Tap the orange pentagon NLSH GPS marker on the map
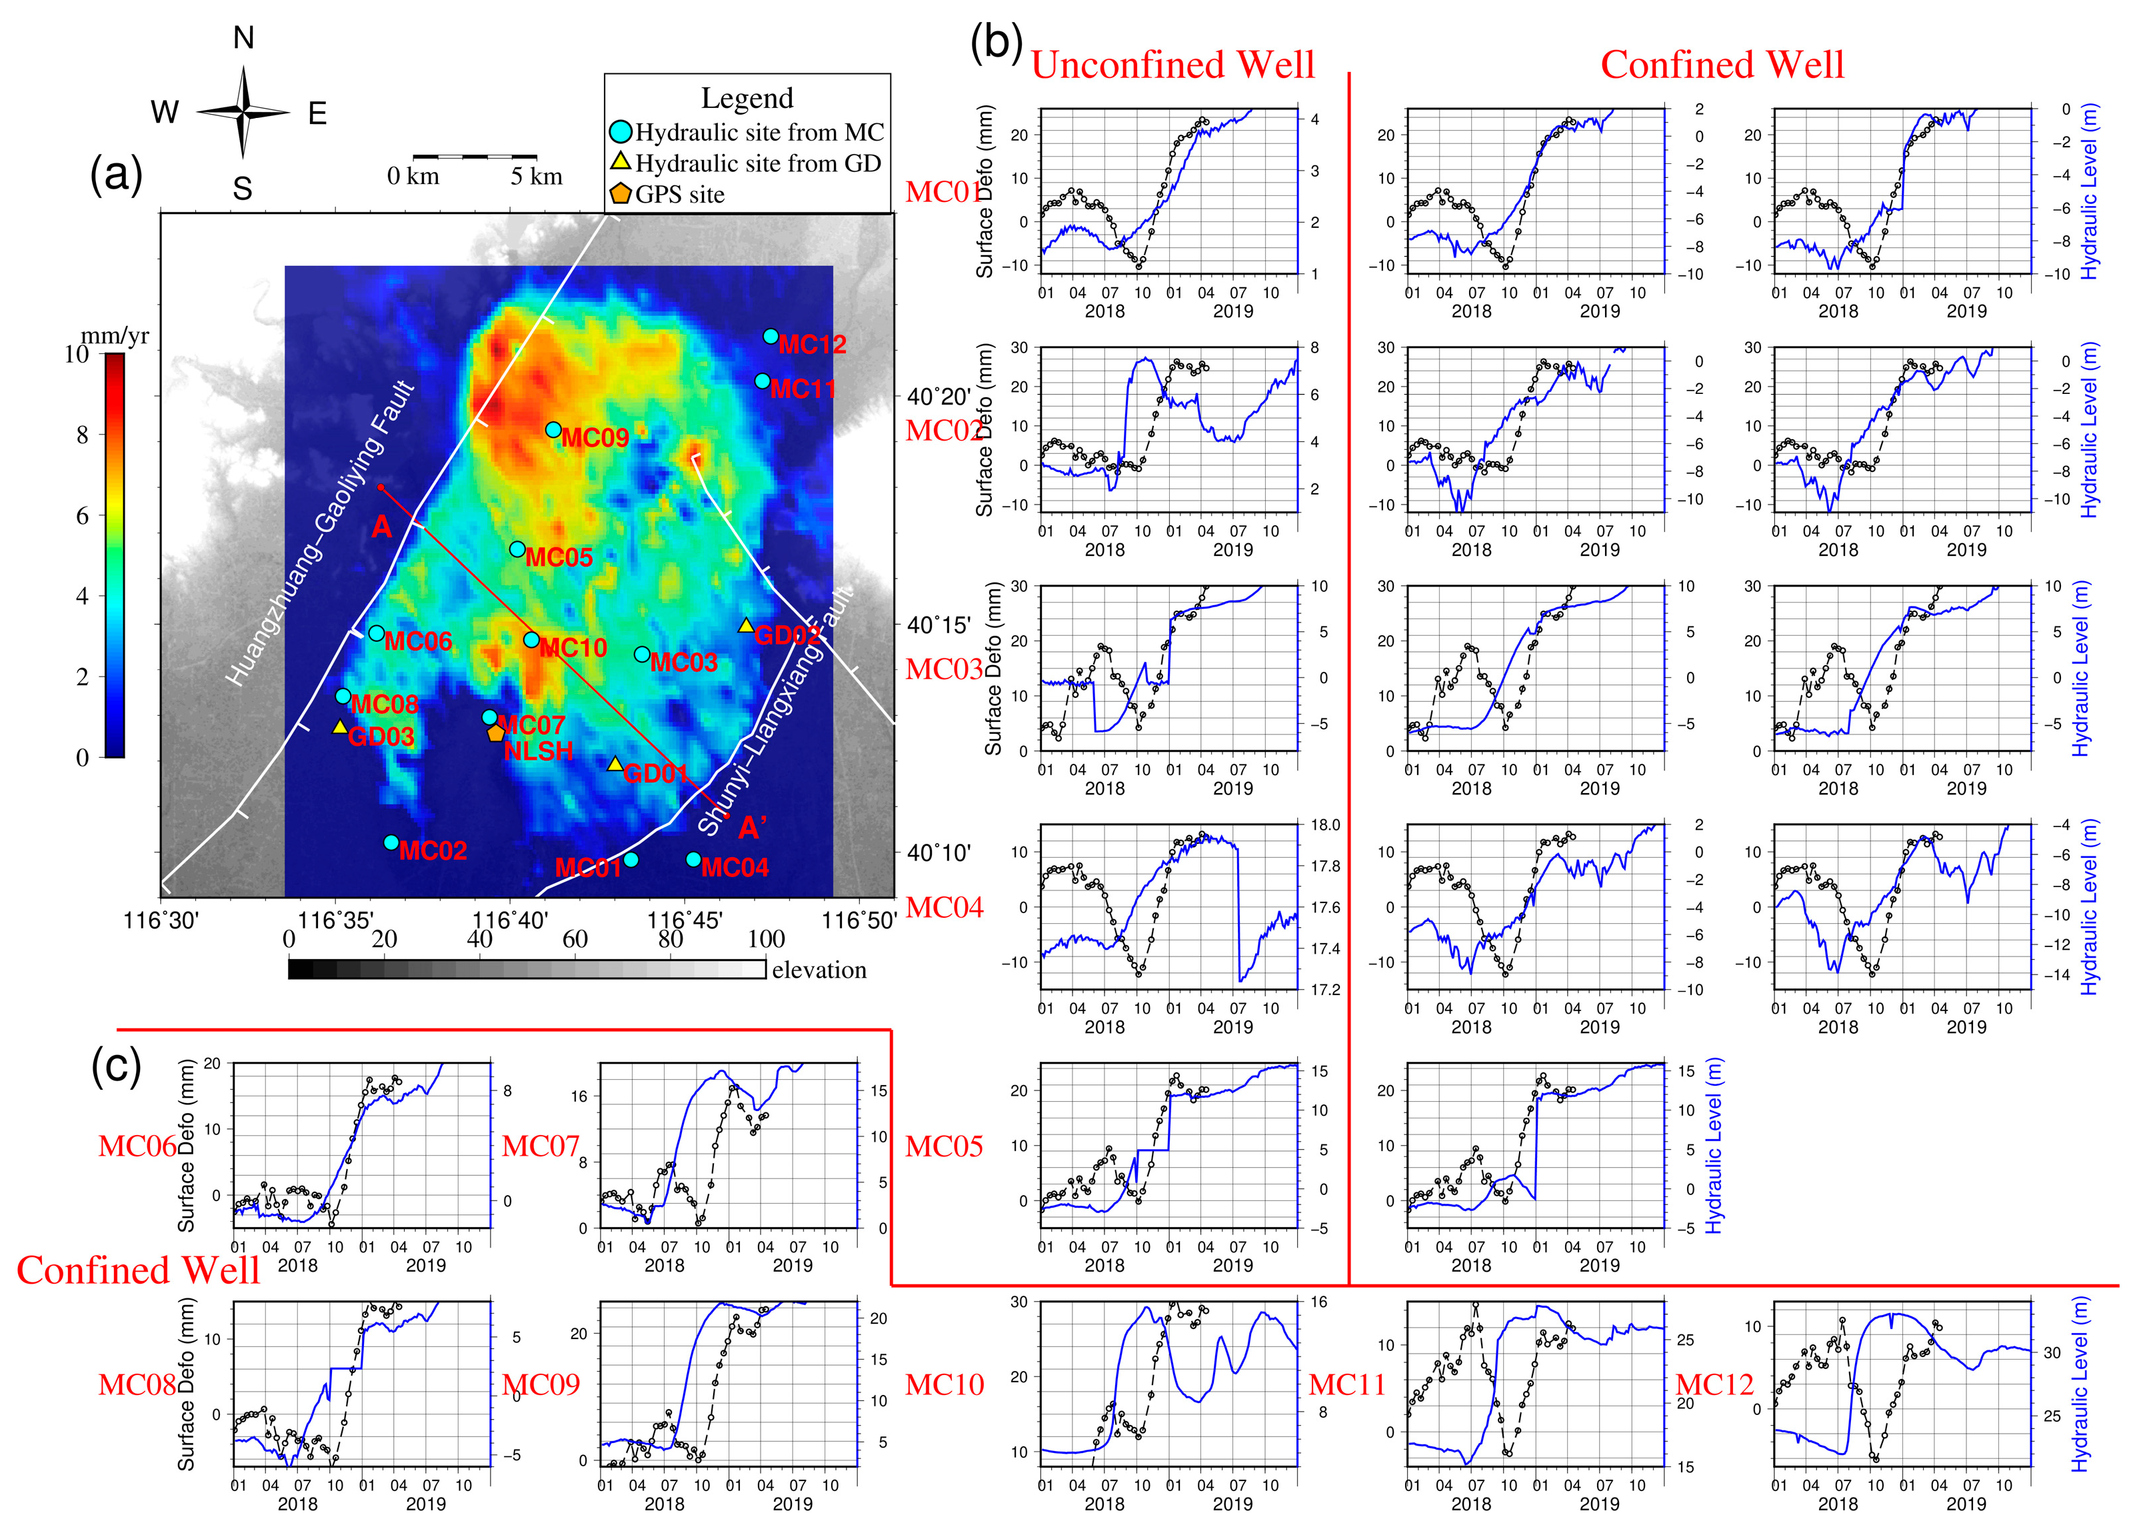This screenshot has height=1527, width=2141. [x=495, y=733]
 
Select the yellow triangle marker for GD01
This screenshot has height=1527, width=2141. [x=615, y=764]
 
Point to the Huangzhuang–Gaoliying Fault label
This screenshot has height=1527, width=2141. [x=320, y=534]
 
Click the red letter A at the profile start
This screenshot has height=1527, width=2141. [x=381, y=527]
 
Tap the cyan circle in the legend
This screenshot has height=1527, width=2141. [x=620, y=132]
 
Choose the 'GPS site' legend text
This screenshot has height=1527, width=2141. [x=680, y=195]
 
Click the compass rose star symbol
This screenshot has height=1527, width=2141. [x=243, y=113]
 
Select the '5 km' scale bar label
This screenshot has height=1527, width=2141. [x=536, y=177]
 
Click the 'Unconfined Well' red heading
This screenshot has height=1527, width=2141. [x=1172, y=65]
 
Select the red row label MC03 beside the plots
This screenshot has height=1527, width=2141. [x=943, y=669]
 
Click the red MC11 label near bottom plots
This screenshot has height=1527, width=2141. [x=1346, y=1385]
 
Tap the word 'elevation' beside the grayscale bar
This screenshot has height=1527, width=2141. [x=819, y=970]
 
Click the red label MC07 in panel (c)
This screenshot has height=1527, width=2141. [x=540, y=1146]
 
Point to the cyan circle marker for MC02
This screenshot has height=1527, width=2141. [x=391, y=842]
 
